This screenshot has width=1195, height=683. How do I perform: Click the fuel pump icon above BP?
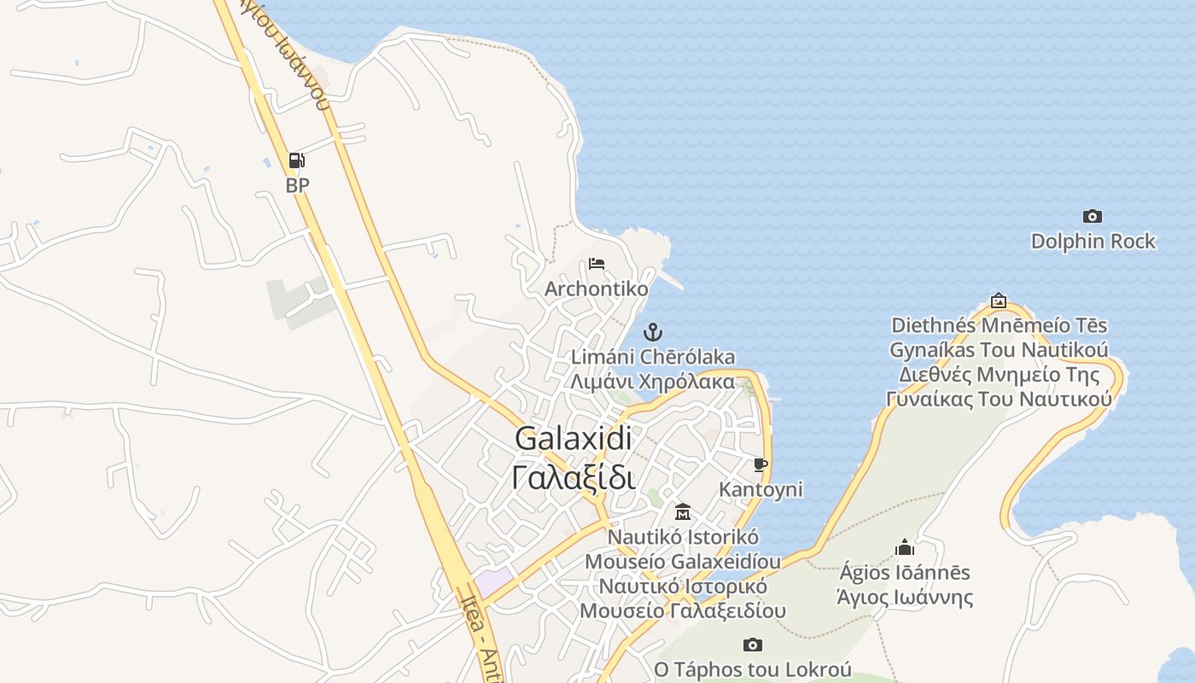pyautogui.click(x=296, y=160)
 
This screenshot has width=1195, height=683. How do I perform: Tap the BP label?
pyautogui.click(x=297, y=185)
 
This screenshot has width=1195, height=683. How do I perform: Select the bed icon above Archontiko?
pyautogui.click(x=597, y=264)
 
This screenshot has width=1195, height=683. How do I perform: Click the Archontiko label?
pyautogui.click(x=597, y=289)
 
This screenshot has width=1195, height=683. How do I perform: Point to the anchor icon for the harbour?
pyautogui.click(x=653, y=332)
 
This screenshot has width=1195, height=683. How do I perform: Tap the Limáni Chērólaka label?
pyautogui.click(x=653, y=357)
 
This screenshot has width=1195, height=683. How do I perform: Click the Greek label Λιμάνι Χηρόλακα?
pyautogui.click(x=653, y=381)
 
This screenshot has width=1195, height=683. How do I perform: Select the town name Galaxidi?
pyautogui.click(x=574, y=439)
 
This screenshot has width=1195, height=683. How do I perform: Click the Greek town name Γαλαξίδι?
pyautogui.click(x=574, y=476)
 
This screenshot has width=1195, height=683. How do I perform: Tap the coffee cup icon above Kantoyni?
pyautogui.click(x=761, y=464)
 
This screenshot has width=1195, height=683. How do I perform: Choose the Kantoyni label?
pyautogui.click(x=761, y=489)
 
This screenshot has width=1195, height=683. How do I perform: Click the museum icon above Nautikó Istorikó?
pyautogui.click(x=683, y=511)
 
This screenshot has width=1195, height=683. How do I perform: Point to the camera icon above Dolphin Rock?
pyautogui.click(x=1092, y=216)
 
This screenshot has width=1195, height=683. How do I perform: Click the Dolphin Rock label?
pyautogui.click(x=1093, y=242)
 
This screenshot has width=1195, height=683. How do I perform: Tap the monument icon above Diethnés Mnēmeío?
pyautogui.click(x=999, y=301)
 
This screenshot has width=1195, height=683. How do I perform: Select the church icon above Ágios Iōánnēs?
pyautogui.click(x=905, y=547)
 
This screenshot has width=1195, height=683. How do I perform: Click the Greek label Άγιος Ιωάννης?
pyautogui.click(x=905, y=597)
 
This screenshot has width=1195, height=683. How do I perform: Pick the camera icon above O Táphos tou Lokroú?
pyautogui.click(x=752, y=645)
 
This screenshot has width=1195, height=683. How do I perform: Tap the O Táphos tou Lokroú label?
pyautogui.click(x=753, y=669)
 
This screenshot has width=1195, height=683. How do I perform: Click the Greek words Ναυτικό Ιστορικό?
pyautogui.click(x=683, y=587)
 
